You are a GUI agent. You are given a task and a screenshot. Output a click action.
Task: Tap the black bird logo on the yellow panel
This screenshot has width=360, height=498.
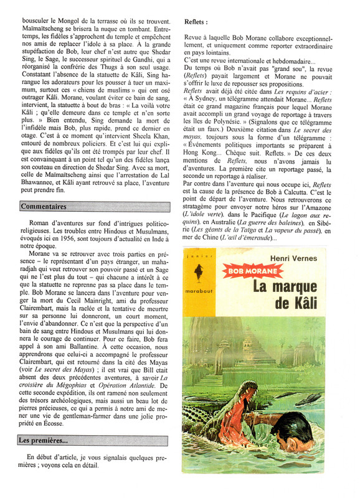click(x=203, y=275)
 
